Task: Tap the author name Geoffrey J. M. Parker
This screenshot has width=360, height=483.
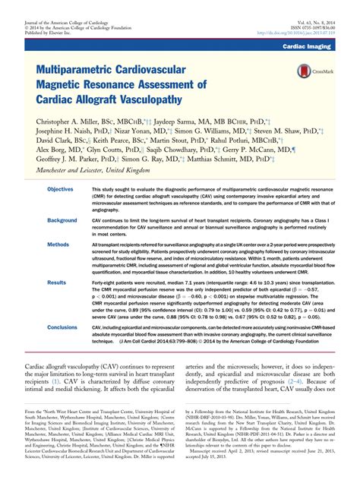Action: [74, 160]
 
